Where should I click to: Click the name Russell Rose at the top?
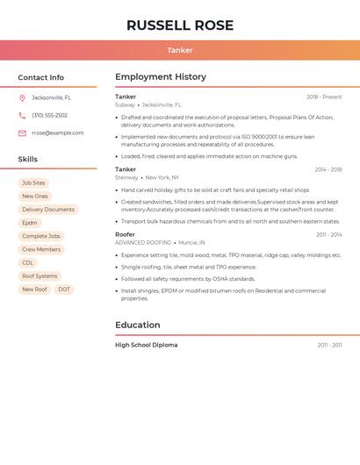180,25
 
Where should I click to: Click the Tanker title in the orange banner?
180,51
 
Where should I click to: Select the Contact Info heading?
40,77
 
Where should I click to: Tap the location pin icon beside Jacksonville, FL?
22,98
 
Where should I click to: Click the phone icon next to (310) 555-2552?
22,116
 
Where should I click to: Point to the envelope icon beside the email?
22,133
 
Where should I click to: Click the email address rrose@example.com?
58,133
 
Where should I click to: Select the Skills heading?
28,160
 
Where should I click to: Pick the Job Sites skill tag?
33,183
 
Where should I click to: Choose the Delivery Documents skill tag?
48,210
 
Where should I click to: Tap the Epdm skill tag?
30,223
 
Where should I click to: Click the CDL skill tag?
28,263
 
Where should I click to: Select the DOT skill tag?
64,290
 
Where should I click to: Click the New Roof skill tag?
35,290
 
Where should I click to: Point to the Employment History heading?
161,77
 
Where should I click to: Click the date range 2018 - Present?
324,97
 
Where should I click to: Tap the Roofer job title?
125,235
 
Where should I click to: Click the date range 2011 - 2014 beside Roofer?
329,235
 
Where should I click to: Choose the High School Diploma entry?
146,346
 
